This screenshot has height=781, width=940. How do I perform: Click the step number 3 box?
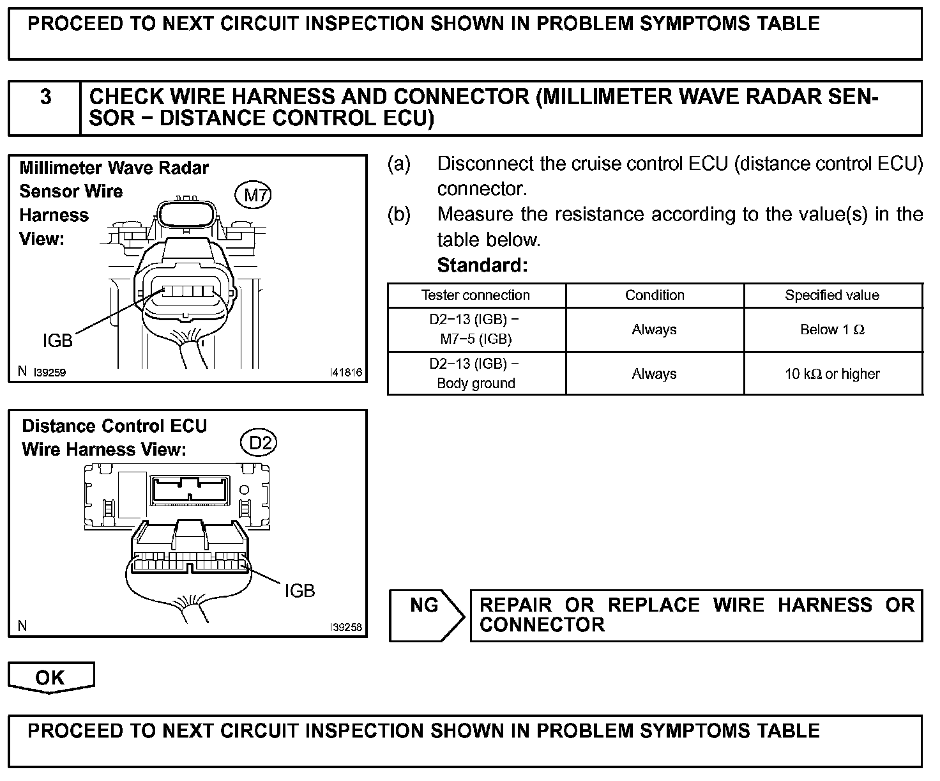pos(45,107)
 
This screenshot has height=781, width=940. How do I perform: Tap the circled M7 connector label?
pos(254,195)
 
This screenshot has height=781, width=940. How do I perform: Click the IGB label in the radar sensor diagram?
pos(57,341)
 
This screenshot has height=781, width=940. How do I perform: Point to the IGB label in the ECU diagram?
pos(299,591)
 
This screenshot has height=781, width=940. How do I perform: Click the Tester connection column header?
pos(476,295)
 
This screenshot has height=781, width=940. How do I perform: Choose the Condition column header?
pos(655,295)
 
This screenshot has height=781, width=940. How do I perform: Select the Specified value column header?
pos(832,295)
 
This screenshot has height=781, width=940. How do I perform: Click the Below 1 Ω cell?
pos(832,330)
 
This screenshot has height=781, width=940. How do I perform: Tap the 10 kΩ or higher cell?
pos(832,374)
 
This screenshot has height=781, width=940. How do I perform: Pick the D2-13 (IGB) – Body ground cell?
pos(476,373)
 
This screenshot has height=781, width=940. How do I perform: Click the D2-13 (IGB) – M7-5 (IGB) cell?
pos(476,329)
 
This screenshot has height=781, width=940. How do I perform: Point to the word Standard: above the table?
pos(482,265)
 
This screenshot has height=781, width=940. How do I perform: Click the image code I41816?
pos(345,372)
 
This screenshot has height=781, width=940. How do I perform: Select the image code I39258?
pos(345,627)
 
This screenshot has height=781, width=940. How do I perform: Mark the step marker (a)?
pos(399,164)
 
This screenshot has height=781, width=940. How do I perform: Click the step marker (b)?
pos(399,214)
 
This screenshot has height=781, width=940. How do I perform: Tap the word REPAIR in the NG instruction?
pos(515,605)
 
